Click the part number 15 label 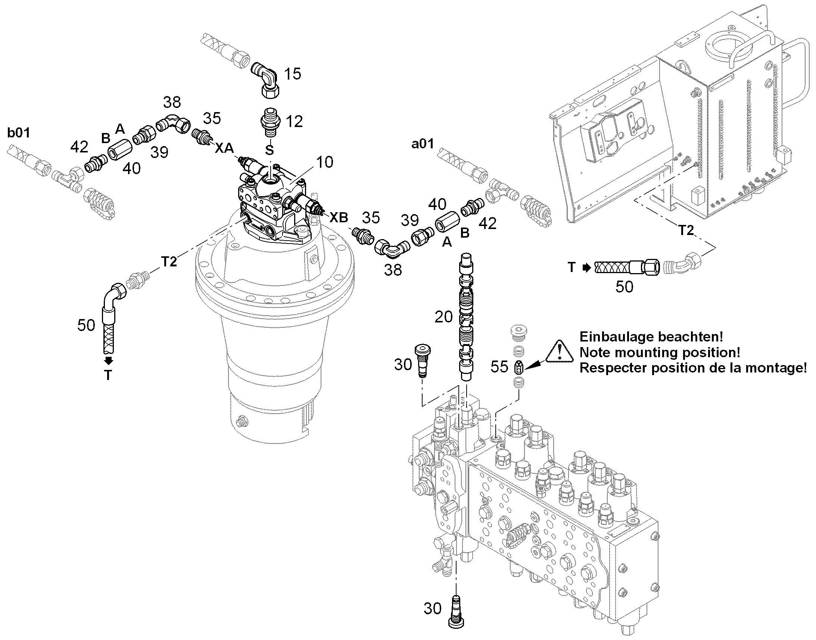pyautogui.click(x=293, y=74)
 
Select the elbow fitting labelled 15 pyautogui.click(x=267, y=80)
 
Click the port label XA pyautogui.click(x=224, y=148)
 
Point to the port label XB pyautogui.click(x=339, y=217)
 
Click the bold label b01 pyautogui.click(x=19, y=133)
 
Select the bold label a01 pyautogui.click(x=423, y=143)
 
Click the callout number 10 pyautogui.click(x=324, y=162)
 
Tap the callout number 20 pyautogui.click(x=443, y=317)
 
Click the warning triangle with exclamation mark pyautogui.click(x=559, y=352)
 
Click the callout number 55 pyautogui.click(x=499, y=367)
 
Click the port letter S pyautogui.click(x=270, y=150)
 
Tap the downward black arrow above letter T pyautogui.click(x=109, y=361)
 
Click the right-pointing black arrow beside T pyautogui.click(x=587, y=268)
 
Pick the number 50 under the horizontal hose pyautogui.click(x=625, y=287)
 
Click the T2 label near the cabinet pyautogui.click(x=686, y=231)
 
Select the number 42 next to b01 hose pyautogui.click(x=79, y=147)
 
